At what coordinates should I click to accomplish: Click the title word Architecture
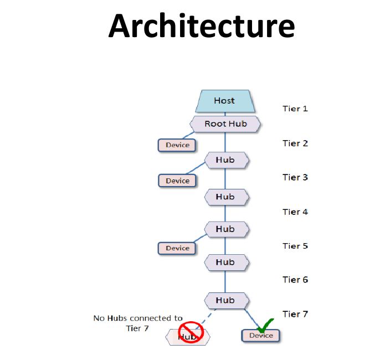(202, 26)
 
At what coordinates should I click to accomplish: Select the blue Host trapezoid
(225, 101)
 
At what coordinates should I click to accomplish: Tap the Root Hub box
(225, 124)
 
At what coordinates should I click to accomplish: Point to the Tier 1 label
(295, 109)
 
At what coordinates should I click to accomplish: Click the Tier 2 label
(295, 143)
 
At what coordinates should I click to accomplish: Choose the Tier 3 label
(295, 177)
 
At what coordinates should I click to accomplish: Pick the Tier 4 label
(295, 212)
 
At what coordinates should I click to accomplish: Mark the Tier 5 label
(295, 246)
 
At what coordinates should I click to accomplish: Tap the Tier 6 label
(295, 280)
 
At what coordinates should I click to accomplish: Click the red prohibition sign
(191, 332)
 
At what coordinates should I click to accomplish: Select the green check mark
(265, 326)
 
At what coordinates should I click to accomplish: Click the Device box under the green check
(261, 336)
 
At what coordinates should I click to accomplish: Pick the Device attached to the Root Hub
(177, 145)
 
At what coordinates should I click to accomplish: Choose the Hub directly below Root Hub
(227, 160)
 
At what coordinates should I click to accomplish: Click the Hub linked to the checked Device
(227, 301)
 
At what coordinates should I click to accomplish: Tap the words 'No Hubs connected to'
(138, 318)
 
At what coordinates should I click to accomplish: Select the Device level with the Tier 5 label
(177, 248)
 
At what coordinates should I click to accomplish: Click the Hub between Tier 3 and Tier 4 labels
(227, 197)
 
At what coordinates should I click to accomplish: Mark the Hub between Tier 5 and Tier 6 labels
(227, 263)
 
